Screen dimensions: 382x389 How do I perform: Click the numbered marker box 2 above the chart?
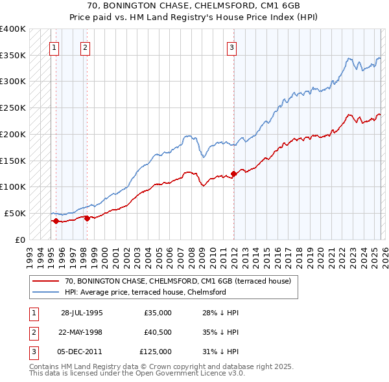(86, 46)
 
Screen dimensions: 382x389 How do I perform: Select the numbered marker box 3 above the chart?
(231, 46)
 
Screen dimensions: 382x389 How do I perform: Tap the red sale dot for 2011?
(234, 174)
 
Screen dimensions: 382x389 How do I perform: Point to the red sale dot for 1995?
(56, 221)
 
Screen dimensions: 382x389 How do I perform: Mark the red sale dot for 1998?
(87, 218)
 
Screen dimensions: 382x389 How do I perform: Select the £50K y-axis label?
(15, 213)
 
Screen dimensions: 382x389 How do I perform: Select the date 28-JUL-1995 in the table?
(82, 313)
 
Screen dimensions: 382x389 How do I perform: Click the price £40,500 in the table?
(158, 332)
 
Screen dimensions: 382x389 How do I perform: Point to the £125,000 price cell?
(158, 352)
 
